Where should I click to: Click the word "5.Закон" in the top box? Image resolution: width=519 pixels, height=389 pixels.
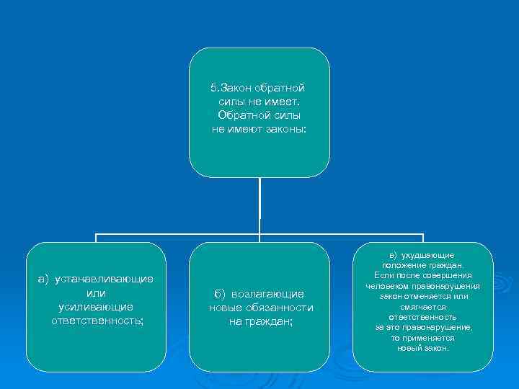[x=228, y=88]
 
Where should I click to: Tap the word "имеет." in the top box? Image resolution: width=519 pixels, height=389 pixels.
[x=283, y=102]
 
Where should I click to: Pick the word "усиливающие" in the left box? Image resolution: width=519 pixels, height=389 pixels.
[x=96, y=307]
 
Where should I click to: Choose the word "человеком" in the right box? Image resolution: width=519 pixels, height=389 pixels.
[x=389, y=286]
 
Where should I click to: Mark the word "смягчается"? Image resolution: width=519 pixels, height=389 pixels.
[x=422, y=306]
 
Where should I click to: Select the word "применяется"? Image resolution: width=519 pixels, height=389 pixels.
[x=430, y=337]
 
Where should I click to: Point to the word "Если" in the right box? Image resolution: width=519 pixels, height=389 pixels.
[x=383, y=276]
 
